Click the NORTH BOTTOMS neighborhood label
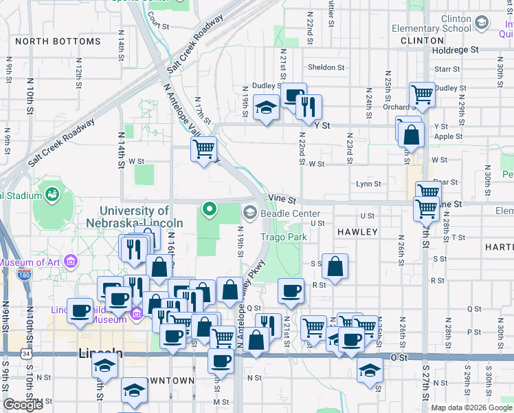(58, 41)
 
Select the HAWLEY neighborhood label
(357, 232)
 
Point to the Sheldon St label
(326, 67)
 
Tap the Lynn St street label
(368, 184)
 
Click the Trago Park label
(283, 237)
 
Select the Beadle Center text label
(291, 213)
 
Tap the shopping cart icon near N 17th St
(203, 149)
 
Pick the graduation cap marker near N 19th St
(266, 107)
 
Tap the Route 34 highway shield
(25, 354)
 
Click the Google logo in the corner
(23, 405)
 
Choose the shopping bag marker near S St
(335, 266)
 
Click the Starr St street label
(447, 69)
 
